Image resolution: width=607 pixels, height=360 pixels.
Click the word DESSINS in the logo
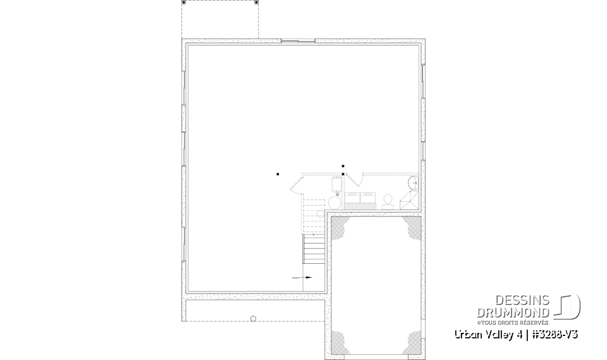pyautogui.click(x=522, y=301)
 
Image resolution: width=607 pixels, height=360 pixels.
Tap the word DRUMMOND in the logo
pyautogui.click(x=513, y=312)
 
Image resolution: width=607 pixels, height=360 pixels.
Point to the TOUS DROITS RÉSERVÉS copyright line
pyautogui.click(x=522, y=322)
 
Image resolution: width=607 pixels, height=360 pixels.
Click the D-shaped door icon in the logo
pyautogui.click(x=568, y=307)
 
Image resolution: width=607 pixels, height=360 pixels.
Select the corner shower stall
pyautogui.click(x=409, y=200)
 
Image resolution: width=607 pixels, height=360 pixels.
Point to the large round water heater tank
pyautogui.click(x=334, y=202)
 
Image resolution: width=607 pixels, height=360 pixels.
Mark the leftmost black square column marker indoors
pyautogui.click(x=278, y=173)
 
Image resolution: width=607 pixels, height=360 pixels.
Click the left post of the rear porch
pyautogui.click(x=184, y=3)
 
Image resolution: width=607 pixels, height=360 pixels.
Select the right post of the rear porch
pyautogui.click(x=256, y=3)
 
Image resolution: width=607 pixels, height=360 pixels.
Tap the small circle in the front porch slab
pyautogui.click(x=253, y=319)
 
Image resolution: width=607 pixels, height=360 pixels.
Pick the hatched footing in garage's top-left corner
pyautogui.click(x=340, y=228)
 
